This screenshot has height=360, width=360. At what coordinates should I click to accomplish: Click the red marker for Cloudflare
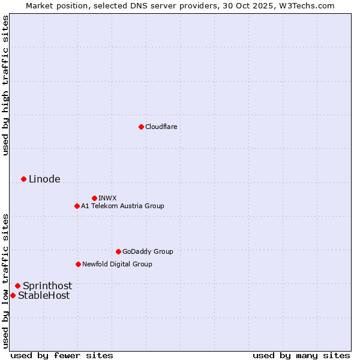pos(141,127)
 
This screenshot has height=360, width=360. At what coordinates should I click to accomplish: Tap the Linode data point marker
pos(23,179)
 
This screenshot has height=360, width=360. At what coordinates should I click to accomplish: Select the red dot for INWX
pos(94,198)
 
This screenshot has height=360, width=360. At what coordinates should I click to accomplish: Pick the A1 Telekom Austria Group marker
pos(77,206)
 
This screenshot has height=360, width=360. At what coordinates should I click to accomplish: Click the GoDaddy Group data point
pos(118,251)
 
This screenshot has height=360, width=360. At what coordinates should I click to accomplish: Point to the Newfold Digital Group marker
pos(78,264)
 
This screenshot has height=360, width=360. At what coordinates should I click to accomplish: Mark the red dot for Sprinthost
pos(17,286)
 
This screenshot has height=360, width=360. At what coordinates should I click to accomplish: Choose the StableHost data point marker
pos(13,295)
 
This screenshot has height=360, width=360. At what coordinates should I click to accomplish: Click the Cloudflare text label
pos(161,127)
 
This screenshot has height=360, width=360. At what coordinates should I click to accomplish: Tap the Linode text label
pos(44,179)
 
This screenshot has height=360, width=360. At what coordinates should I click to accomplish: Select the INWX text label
pos(107,198)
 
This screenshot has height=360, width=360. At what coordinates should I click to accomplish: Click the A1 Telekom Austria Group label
pos(122,206)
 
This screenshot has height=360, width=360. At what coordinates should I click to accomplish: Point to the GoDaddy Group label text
pos(148,251)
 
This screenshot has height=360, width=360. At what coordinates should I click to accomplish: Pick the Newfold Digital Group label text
pos(117,264)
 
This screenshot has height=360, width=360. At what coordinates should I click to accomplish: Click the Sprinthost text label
pos(47,286)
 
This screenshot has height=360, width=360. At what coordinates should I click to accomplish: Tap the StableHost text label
pos(44,295)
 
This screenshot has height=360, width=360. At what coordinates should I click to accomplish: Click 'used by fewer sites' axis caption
pos(62,355)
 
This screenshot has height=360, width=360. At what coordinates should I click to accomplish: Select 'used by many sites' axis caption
pos(301,355)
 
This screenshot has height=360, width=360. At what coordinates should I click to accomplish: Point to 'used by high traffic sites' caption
pos(5,85)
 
